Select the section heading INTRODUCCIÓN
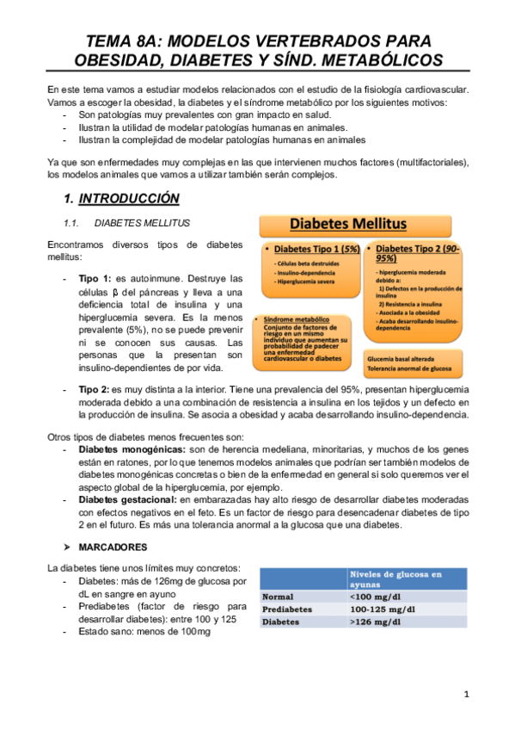click(129, 199)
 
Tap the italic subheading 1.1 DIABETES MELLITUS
click(142, 223)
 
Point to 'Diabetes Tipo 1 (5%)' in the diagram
click(312, 248)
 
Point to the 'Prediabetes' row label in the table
click(289, 608)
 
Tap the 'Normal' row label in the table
click(278, 596)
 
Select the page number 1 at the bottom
click(465, 693)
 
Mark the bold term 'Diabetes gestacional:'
click(127, 498)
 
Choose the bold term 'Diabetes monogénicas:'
click(131, 449)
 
